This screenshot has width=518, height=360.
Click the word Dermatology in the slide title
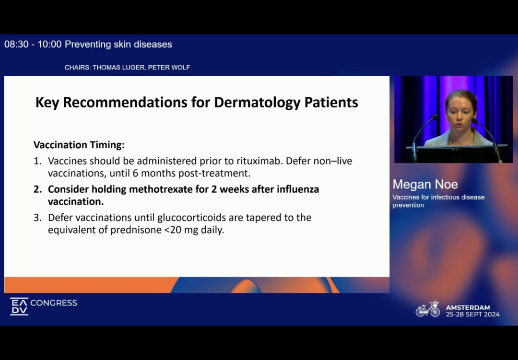(258, 103)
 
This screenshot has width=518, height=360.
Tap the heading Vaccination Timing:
(79, 145)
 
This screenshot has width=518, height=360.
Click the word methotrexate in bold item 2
(168, 189)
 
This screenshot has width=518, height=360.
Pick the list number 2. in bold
(38, 189)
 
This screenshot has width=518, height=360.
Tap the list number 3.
(38, 218)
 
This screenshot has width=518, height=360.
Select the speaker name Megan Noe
(425, 184)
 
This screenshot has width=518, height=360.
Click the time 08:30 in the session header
(16, 44)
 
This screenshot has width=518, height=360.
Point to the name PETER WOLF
(169, 68)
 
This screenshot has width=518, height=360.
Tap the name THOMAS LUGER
(118, 68)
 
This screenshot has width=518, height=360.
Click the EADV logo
(19, 306)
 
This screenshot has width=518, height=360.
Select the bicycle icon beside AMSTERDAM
(428, 309)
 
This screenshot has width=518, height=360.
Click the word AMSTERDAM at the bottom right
(468, 307)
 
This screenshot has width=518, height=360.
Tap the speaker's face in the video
(460, 113)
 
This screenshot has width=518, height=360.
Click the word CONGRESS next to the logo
(54, 303)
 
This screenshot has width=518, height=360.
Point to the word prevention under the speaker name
(408, 205)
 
